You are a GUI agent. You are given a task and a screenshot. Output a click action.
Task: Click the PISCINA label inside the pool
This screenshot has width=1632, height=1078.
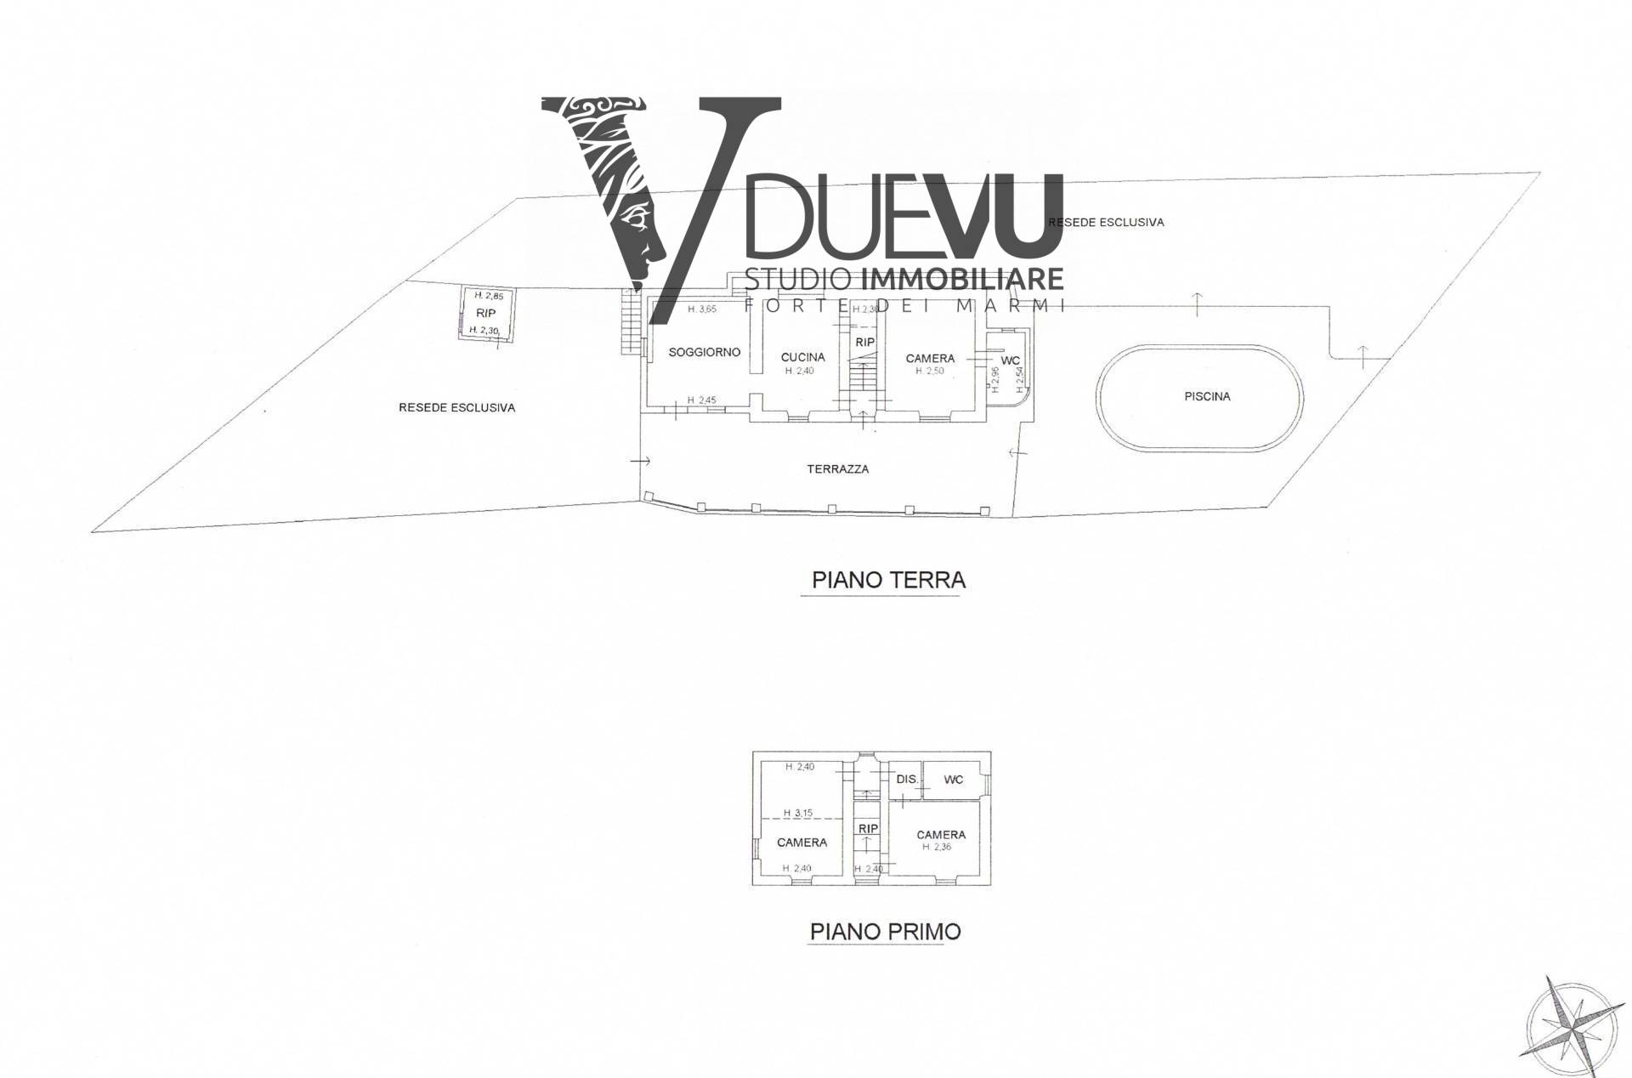click(1206, 396)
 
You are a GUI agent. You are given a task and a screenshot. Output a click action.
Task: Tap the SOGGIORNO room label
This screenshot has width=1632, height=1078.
click(704, 352)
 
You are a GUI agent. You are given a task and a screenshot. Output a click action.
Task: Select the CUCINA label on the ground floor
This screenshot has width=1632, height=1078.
click(802, 357)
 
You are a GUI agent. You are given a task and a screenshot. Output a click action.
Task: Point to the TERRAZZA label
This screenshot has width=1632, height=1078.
click(838, 468)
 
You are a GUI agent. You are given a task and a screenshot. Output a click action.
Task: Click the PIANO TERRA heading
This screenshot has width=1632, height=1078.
click(888, 581)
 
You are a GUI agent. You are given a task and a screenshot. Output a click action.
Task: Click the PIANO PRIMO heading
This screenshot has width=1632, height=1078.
click(885, 931)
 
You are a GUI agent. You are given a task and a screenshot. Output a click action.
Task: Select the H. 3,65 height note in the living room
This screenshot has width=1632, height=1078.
click(701, 309)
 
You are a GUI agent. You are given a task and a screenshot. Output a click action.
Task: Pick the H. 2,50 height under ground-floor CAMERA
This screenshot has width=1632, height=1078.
click(929, 371)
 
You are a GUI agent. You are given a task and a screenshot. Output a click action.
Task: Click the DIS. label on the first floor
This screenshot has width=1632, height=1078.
click(907, 779)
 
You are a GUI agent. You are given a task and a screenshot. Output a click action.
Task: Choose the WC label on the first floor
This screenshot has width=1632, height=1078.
click(953, 780)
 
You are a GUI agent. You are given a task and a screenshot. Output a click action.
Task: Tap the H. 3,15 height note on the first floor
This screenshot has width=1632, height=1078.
click(798, 813)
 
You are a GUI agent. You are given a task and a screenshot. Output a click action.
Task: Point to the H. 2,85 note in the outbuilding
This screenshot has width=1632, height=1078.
click(489, 296)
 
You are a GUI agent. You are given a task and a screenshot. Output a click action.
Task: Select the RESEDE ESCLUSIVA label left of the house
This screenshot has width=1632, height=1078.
click(456, 408)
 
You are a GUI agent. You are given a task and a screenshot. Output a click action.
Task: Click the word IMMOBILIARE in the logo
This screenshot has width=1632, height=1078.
click(962, 279)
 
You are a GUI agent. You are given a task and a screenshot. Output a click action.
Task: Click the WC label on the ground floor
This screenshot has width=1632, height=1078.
click(1010, 360)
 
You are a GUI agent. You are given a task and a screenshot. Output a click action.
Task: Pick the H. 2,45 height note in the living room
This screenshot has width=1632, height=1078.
click(701, 400)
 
